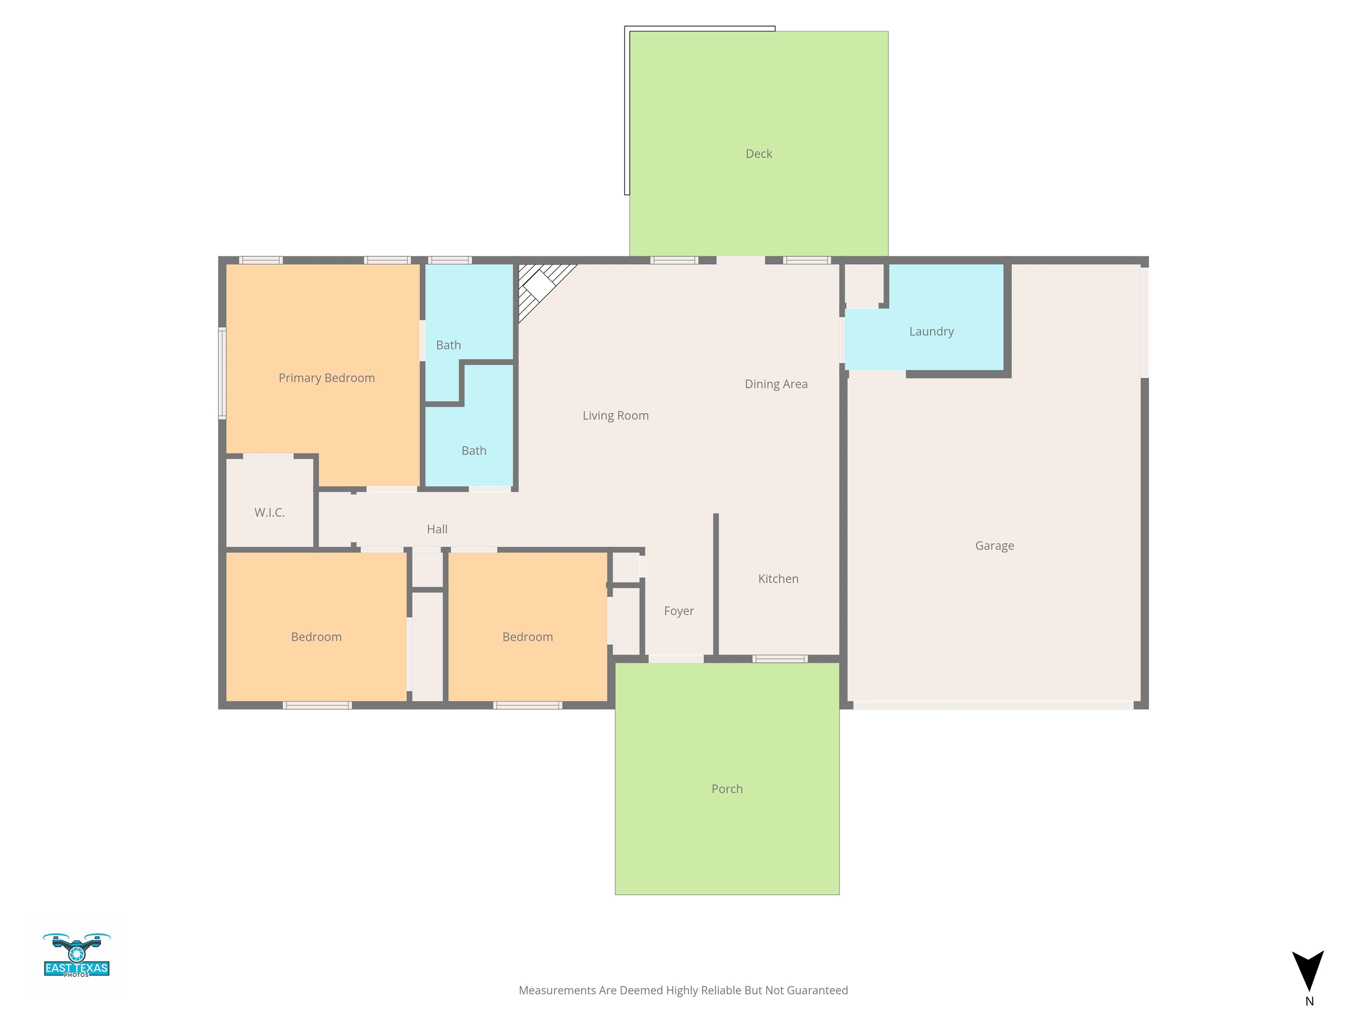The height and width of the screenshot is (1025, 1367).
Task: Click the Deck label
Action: click(759, 154)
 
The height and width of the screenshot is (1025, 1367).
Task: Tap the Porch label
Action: click(727, 789)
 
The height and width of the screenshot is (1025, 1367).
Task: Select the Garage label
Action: click(995, 545)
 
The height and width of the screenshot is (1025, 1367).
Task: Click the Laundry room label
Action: click(931, 332)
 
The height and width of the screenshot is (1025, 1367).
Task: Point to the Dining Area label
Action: click(776, 384)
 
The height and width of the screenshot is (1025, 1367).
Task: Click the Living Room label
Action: click(615, 416)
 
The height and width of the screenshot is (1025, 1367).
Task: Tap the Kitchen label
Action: click(778, 579)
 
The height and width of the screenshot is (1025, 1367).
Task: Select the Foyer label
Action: click(679, 611)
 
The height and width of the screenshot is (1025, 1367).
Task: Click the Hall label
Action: click(437, 529)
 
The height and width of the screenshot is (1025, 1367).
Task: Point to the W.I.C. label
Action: click(270, 513)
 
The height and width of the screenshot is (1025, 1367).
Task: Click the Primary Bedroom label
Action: click(326, 378)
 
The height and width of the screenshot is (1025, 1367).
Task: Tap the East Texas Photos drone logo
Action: click(77, 955)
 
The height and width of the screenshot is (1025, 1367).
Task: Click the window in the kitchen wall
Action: click(780, 658)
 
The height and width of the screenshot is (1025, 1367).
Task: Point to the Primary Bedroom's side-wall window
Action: click(222, 374)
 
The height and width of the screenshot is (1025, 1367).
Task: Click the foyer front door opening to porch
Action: click(675, 658)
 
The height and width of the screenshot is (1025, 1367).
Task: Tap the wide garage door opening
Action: click(993, 705)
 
